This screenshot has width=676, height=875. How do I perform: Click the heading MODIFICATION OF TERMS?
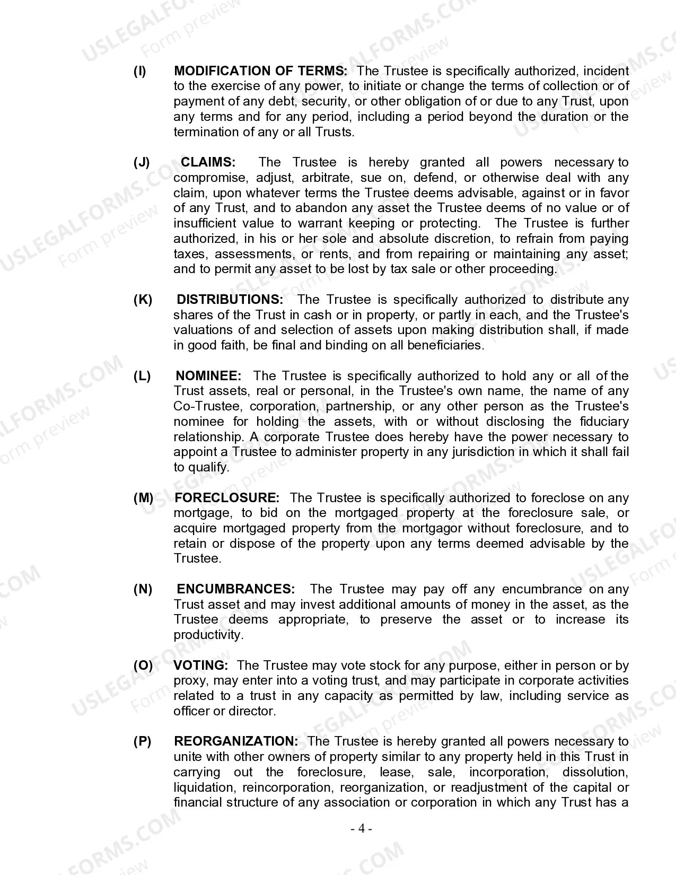[260, 71]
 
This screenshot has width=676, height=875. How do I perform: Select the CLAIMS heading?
[208, 162]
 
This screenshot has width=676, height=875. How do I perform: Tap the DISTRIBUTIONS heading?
[230, 300]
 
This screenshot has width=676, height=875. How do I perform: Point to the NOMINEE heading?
[208, 376]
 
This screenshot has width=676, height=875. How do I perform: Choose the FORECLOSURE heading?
[226, 498]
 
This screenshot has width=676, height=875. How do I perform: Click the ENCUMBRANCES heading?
[235, 589]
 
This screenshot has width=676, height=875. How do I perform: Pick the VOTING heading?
[201, 666]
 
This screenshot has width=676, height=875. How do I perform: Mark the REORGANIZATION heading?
[236, 741]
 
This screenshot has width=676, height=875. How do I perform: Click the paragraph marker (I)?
[139, 71]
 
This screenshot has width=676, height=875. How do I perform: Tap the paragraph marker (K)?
[143, 300]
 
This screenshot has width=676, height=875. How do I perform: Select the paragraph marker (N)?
[143, 589]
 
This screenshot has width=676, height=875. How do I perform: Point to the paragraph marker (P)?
[142, 741]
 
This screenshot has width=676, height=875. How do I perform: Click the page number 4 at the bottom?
[362, 828]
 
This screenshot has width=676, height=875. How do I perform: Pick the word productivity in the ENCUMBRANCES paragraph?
[208, 635]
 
